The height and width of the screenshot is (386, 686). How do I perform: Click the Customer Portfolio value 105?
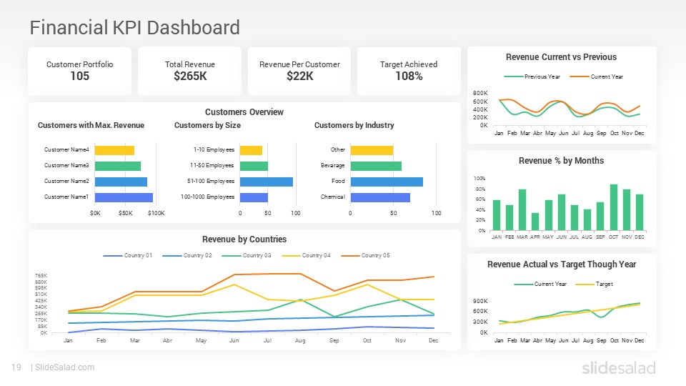[79, 76]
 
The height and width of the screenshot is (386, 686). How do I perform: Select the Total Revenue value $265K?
[189, 76]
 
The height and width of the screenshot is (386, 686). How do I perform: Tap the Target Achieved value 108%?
[409, 76]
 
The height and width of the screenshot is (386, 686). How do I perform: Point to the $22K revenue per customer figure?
[299, 76]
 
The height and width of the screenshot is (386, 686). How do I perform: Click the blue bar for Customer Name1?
[124, 197]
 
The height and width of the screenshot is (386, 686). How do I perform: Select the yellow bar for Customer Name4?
[114, 150]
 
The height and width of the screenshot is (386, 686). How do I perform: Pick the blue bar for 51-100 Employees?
[266, 182]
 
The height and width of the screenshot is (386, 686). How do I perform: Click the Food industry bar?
[386, 182]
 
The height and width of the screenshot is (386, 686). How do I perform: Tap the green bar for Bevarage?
[375, 166]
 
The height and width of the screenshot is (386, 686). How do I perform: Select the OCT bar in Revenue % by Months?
[614, 207]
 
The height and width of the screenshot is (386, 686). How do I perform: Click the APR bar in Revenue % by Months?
[535, 222]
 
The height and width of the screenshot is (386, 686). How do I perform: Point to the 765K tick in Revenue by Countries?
[41, 275]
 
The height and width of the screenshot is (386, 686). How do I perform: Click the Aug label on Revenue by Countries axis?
[300, 341]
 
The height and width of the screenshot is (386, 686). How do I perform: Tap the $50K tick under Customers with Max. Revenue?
[126, 213]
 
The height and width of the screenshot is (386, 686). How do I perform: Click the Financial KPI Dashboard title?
[134, 28]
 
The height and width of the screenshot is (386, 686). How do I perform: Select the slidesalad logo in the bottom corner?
[618, 368]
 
